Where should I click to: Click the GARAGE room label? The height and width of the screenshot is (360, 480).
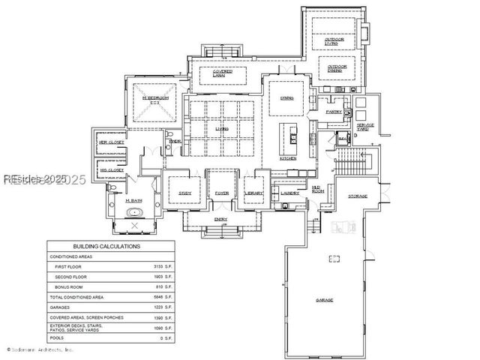click(x=325, y=300)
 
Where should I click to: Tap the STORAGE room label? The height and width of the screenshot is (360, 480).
click(x=358, y=196)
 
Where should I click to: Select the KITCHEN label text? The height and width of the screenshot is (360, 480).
click(x=288, y=158)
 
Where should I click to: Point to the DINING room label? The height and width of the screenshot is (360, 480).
click(x=286, y=97)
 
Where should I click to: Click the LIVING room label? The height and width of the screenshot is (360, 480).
click(x=221, y=128)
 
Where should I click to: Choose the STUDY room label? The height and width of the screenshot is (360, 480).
click(x=185, y=193)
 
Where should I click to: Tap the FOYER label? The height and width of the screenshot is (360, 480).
click(x=222, y=193)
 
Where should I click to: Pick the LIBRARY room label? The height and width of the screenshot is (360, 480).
click(x=253, y=193)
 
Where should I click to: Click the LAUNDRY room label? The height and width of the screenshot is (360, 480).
click(x=290, y=193)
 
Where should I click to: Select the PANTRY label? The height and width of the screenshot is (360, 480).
click(x=334, y=112)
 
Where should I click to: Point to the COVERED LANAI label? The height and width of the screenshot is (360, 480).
click(x=220, y=73)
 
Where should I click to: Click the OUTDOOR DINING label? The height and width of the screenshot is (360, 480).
click(x=337, y=68)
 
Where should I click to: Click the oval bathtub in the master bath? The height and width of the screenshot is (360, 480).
click(x=135, y=214)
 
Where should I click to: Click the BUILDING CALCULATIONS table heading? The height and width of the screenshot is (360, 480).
click(x=106, y=246)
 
